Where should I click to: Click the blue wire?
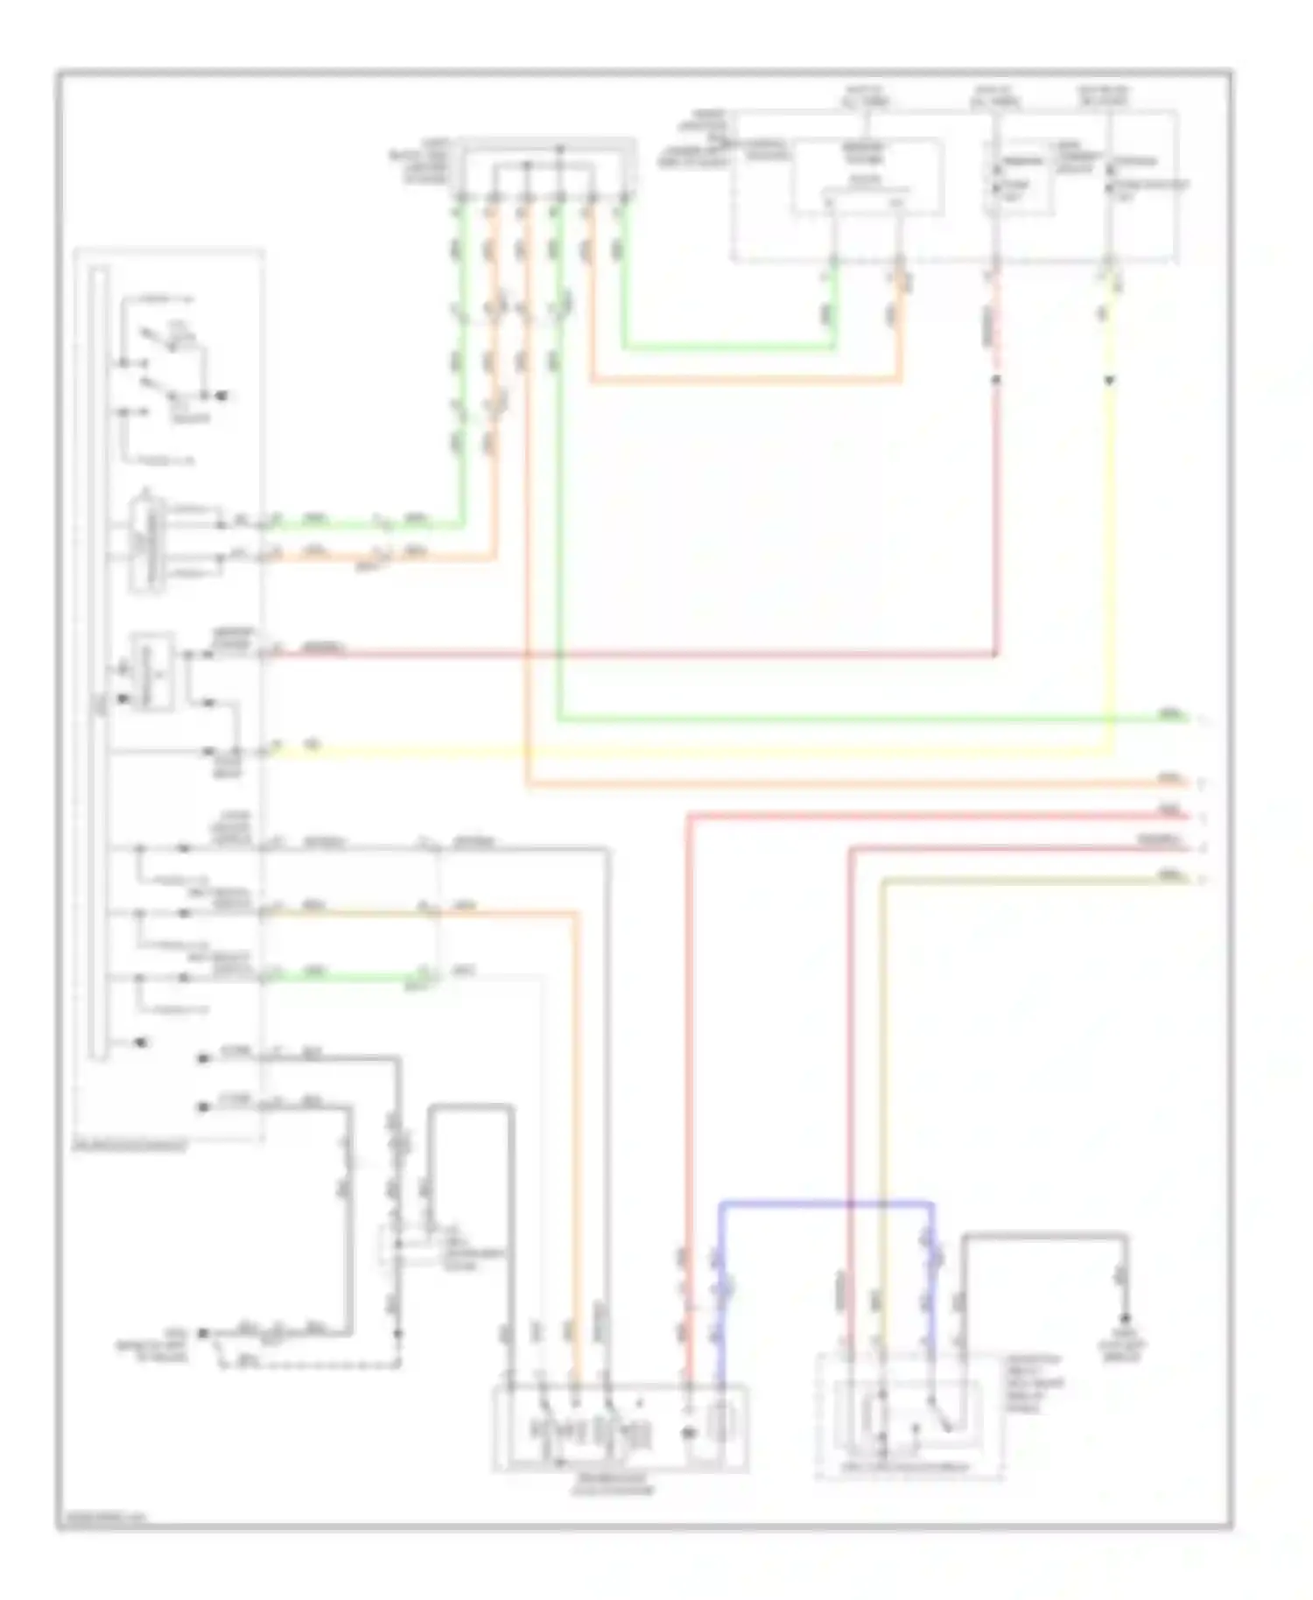(x=823, y=1205)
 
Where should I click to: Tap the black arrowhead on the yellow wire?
(x=1110, y=381)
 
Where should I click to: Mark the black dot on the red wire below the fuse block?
(x=995, y=381)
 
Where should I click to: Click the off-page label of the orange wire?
(x=1169, y=778)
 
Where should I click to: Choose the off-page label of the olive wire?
(x=1169, y=875)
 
